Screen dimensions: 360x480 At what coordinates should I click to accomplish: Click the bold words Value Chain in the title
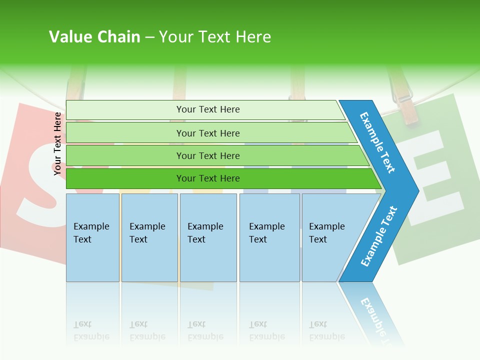94,37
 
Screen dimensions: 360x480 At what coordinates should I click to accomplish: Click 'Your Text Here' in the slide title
214,37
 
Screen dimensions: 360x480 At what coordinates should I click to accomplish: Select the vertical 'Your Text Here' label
57,143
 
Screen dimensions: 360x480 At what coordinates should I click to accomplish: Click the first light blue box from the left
92,237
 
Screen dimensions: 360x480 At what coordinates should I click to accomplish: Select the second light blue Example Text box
149,237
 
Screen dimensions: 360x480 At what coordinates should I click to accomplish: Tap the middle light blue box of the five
208,237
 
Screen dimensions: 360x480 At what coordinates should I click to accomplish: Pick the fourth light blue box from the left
269,237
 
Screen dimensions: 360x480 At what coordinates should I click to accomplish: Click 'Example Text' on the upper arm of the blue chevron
377,142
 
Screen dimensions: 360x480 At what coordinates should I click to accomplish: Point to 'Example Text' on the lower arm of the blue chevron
378,236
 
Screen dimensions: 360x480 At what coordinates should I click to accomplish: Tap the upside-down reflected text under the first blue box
91,330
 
